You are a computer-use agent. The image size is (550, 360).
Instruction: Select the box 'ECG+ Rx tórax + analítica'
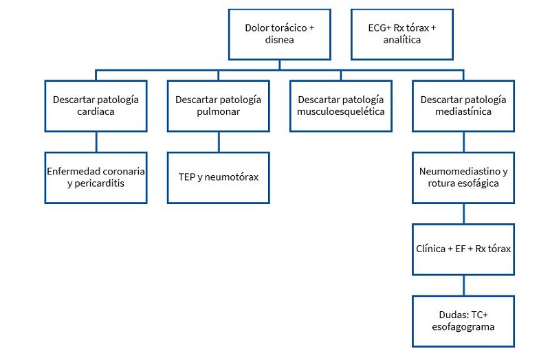[x=401, y=34]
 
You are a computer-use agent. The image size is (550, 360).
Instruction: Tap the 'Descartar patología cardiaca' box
[x=96, y=105]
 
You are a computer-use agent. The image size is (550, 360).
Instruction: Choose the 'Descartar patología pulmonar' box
[x=218, y=105]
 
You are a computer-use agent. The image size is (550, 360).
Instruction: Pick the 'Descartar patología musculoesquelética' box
[x=341, y=105]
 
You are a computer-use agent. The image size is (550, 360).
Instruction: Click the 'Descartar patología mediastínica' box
[x=463, y=105]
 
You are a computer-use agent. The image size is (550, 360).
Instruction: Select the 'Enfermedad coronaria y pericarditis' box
[x=96, y=177]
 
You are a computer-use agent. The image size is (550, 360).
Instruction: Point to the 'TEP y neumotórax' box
[x=218, y=177]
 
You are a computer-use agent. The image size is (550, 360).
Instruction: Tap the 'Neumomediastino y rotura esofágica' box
[x=463, y=177]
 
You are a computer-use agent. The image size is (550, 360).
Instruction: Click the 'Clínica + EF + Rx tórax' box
[x=463, y=249]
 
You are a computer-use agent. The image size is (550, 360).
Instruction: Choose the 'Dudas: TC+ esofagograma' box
[x=463, y=321]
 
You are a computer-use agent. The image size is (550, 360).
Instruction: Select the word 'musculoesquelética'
[x=341, y=112]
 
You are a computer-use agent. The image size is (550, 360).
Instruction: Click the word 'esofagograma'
[x=463, y=327]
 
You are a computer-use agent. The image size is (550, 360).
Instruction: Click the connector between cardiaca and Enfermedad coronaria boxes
[x=96, y=142]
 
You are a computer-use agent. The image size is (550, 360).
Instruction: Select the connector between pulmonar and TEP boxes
[x=218, y=142]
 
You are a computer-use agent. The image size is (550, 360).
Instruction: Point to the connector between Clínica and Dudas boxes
[x=463, y=285]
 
